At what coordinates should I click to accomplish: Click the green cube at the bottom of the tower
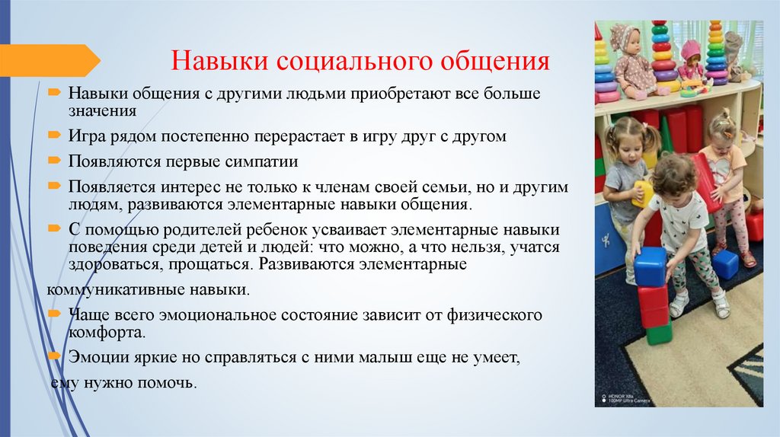(x=658, y=333)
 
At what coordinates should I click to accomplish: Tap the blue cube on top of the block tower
(x=650, y=266)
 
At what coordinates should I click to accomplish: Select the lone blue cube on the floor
(x=725, y=264)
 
